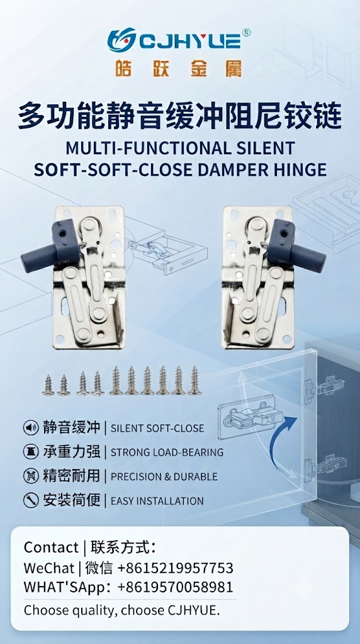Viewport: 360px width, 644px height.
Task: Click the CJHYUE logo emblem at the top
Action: tap(121, 40)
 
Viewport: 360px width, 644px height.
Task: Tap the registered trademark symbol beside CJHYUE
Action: tap(246, 33)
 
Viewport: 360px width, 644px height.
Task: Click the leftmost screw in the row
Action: tap(48, 385)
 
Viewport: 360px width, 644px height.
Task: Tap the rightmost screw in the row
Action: tap(194, 380)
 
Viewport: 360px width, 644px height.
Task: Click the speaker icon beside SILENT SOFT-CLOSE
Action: tap(31, 428)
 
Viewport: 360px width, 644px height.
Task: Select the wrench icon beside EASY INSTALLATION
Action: tap(31, 501)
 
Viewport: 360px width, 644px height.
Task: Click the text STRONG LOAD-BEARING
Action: tap(167, 453)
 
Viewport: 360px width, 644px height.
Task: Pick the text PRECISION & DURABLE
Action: tap(164, 477)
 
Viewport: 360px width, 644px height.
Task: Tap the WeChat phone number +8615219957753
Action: tap(176, 568)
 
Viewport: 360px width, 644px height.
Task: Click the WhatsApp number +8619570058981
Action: tap(176, 587)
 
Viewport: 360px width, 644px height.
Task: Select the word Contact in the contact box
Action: tap(51, 548)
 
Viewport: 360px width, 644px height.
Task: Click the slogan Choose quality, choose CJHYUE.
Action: tap(122, 610)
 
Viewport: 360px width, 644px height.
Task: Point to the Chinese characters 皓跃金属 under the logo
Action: tap(179, 68)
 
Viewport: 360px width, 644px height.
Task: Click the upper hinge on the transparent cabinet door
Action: tap(324, 386)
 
